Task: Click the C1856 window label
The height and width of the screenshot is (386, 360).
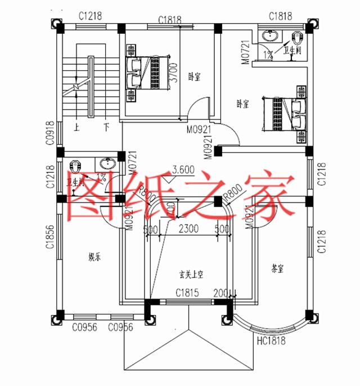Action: (49, 243)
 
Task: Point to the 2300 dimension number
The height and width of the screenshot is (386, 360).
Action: (188, 229)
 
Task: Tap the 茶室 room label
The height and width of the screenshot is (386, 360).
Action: (277, 269)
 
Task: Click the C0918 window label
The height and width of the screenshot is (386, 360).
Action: (49, 133)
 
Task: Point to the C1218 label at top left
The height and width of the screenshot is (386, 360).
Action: (90, 16)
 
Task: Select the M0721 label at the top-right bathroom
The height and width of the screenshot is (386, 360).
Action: (245, 52)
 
